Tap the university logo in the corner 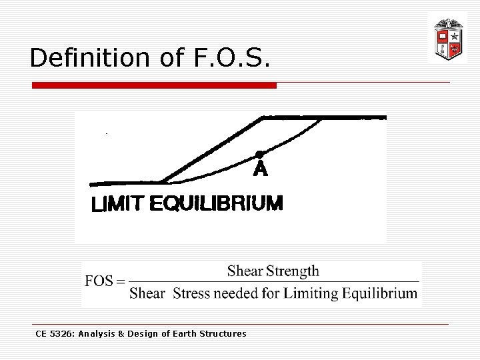(x=447, y=38)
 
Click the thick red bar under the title (x=155, y=85)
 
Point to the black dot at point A (x=259, y=154)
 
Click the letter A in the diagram (x=260, y=171)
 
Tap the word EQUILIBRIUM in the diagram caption (x=216, y=203)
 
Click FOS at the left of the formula (x=99, y=281)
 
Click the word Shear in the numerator (x=245, y=271)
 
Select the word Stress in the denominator (x=191, y=293)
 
